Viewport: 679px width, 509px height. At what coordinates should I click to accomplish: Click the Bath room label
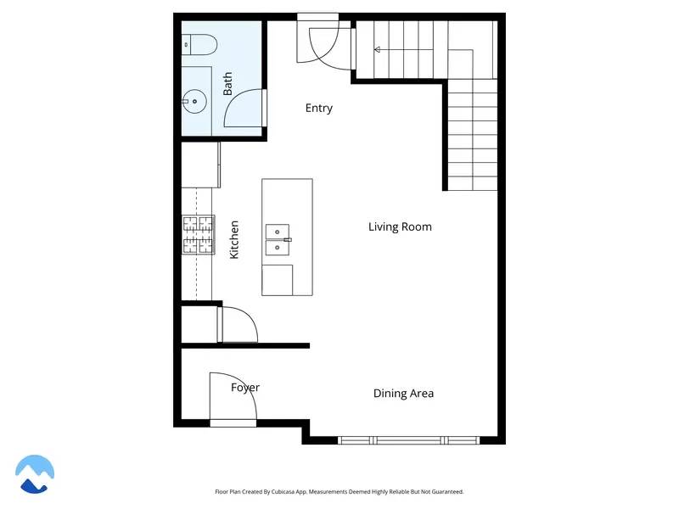tap(227, 83)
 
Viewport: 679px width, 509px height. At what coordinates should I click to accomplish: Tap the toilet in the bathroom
tap(191, 43)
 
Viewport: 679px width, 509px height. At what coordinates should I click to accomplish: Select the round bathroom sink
tap(194, 103)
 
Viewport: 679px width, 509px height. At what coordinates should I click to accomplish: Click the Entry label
tap(319, 109)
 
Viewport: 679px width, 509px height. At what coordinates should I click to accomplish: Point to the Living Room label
tap(400, 227)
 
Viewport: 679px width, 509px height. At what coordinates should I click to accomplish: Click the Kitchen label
tap(234, 239)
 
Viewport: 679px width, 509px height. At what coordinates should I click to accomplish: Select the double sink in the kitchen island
tap(278, 239)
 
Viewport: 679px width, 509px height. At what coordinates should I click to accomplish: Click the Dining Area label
tap(404, 394)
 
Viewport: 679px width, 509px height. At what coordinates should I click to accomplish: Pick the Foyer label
tap(245, 388)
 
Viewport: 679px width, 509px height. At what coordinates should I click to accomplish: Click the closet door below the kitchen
tap(238, 326)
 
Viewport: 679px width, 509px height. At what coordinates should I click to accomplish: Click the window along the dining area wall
tap(408, 439)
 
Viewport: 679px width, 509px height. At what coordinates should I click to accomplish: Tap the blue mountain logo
tap(35, 473)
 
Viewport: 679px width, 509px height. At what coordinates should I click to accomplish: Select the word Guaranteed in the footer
tap(446, 492)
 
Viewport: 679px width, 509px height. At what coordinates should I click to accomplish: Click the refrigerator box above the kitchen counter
tap(200, 165)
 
